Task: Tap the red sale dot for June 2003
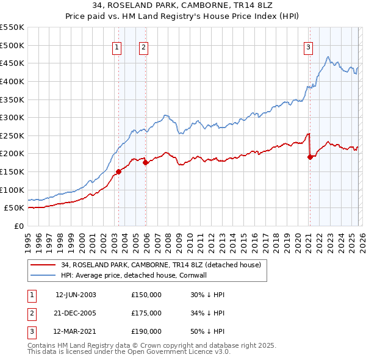point(118,171)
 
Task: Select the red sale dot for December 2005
point(146,162)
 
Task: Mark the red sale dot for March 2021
point(310,157)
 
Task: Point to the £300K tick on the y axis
point(12,117)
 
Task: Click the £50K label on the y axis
point(15,207)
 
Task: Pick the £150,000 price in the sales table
point(146,295)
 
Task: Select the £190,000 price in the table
point(146,331)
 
